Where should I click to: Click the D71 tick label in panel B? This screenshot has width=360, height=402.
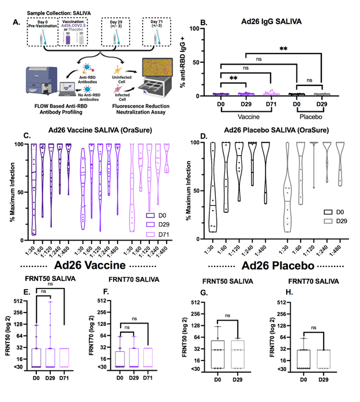[x=271, y=104]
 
